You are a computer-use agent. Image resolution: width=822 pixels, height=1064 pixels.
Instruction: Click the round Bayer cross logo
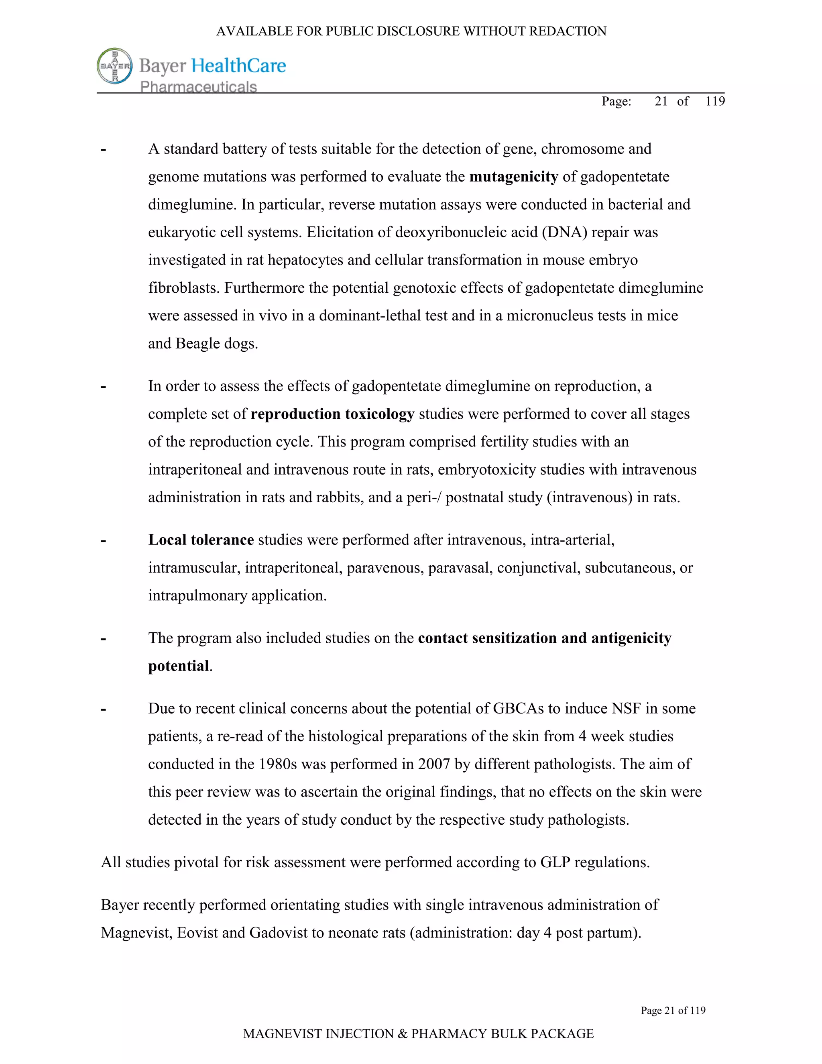point(115,66)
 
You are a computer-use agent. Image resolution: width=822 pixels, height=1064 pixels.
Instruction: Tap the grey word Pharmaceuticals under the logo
point(198,87)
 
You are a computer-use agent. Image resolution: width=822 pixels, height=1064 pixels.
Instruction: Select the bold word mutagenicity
point(513,176)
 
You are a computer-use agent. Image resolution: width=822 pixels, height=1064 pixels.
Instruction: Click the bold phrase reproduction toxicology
point(332,414)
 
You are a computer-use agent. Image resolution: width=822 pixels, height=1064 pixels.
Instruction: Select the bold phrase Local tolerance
point(201,540)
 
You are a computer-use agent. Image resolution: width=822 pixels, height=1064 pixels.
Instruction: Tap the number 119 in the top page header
point(715,101)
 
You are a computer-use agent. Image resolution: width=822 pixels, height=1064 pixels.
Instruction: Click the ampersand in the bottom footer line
point(402,1034)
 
